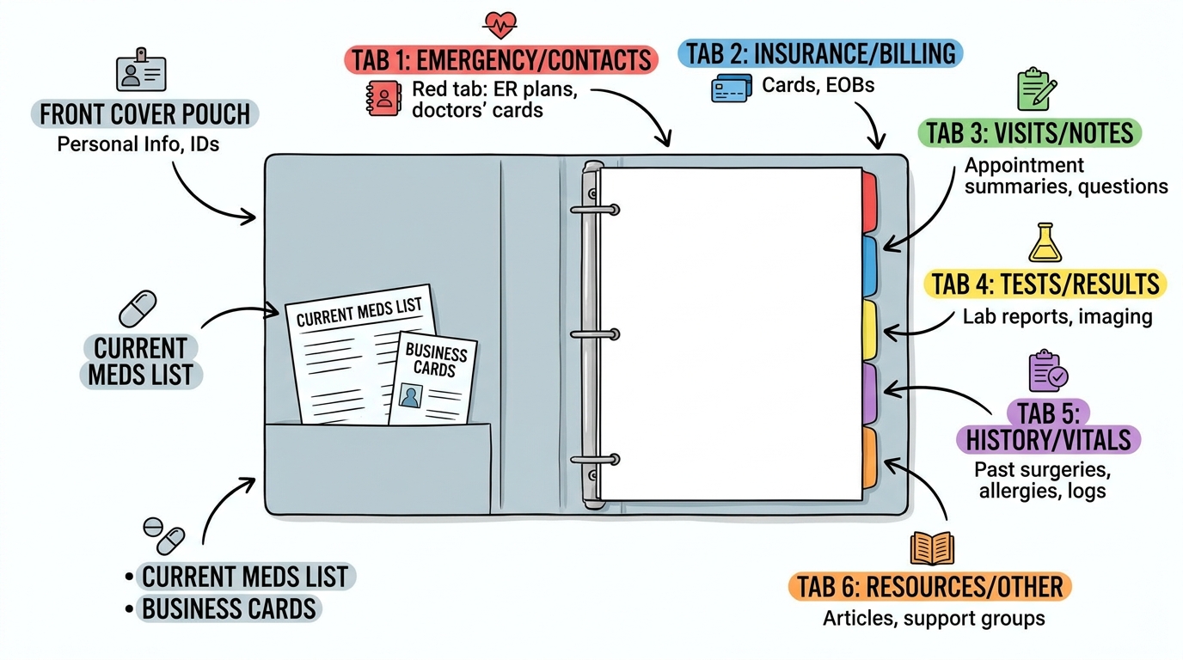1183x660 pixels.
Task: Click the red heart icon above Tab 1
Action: click(x=500, y=25)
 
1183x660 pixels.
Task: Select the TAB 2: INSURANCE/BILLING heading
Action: click(x=820, y=53)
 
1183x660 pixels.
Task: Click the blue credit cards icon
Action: click(x=732, y=89)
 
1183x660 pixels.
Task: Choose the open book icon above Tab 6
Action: click(x=932, y=548)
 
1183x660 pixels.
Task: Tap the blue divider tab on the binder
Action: click(x=870, y=266)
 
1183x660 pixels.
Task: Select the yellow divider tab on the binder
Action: click(x=870, y=331)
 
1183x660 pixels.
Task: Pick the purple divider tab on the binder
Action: click(x=870, y=394)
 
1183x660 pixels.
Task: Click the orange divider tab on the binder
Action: click(x=870, y=457)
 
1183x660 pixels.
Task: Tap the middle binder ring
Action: click(x=595, y=334)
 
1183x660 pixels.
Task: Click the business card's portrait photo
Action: click(x=410, y=395)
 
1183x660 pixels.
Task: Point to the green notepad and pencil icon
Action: click(x=1036, y=89)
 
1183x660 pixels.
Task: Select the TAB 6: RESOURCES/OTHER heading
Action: click(x=929, y=587)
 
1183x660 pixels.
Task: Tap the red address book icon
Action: click(x=383, y=98)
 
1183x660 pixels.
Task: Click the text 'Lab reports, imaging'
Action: click(x=1057, y=317)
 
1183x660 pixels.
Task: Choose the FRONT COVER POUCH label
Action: click(x=144, y=114)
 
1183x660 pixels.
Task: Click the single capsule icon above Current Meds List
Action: click(x=138, y=309)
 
